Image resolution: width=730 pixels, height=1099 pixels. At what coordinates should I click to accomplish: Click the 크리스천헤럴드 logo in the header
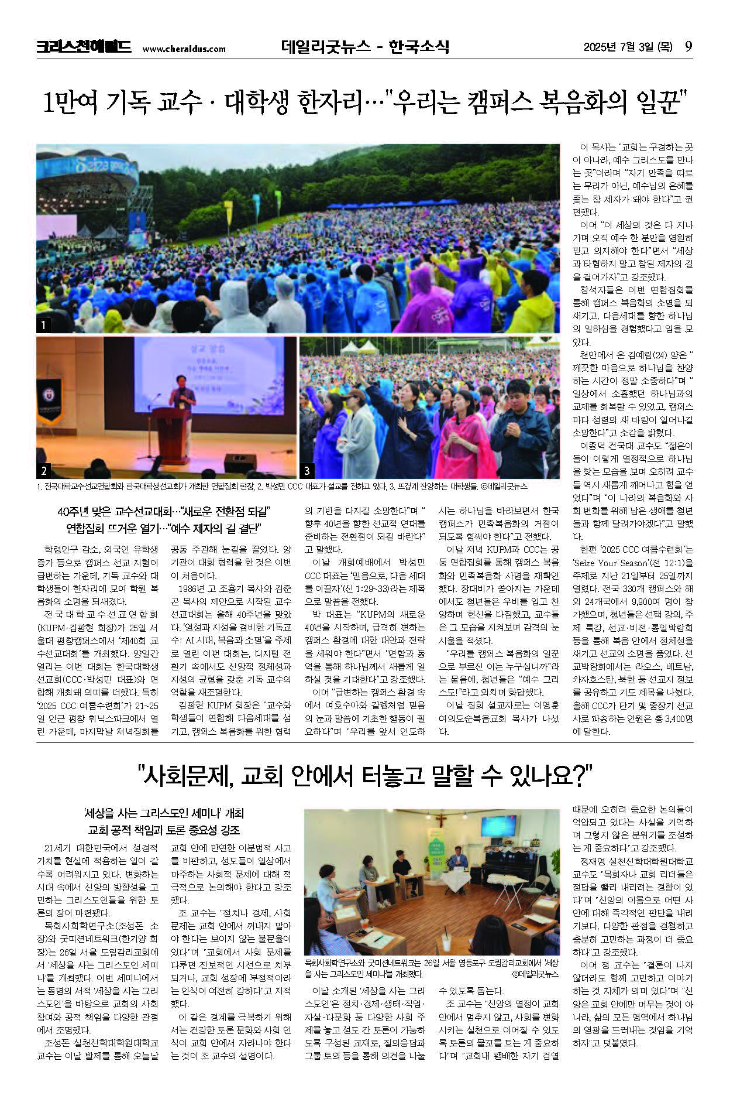[84, 47]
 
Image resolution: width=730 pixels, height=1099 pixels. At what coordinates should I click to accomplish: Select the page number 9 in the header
[688, 47]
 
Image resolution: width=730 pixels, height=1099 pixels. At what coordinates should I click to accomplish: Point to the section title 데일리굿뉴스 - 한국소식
[364, 47]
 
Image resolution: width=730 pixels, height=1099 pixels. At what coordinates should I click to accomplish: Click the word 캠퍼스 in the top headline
[500, 103]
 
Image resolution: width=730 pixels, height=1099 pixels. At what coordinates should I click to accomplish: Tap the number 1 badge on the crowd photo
[43, 325]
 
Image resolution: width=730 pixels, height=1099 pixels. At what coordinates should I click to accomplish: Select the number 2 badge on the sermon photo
[44, 470]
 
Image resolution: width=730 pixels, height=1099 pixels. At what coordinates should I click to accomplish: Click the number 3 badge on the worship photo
[307, 470]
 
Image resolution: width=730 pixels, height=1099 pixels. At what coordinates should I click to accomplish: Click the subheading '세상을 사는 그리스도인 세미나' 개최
[164, 813]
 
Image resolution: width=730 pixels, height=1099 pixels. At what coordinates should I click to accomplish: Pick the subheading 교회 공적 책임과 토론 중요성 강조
[164, 830]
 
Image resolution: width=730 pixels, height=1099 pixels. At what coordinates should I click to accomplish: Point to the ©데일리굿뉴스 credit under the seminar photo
[535, 974]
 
